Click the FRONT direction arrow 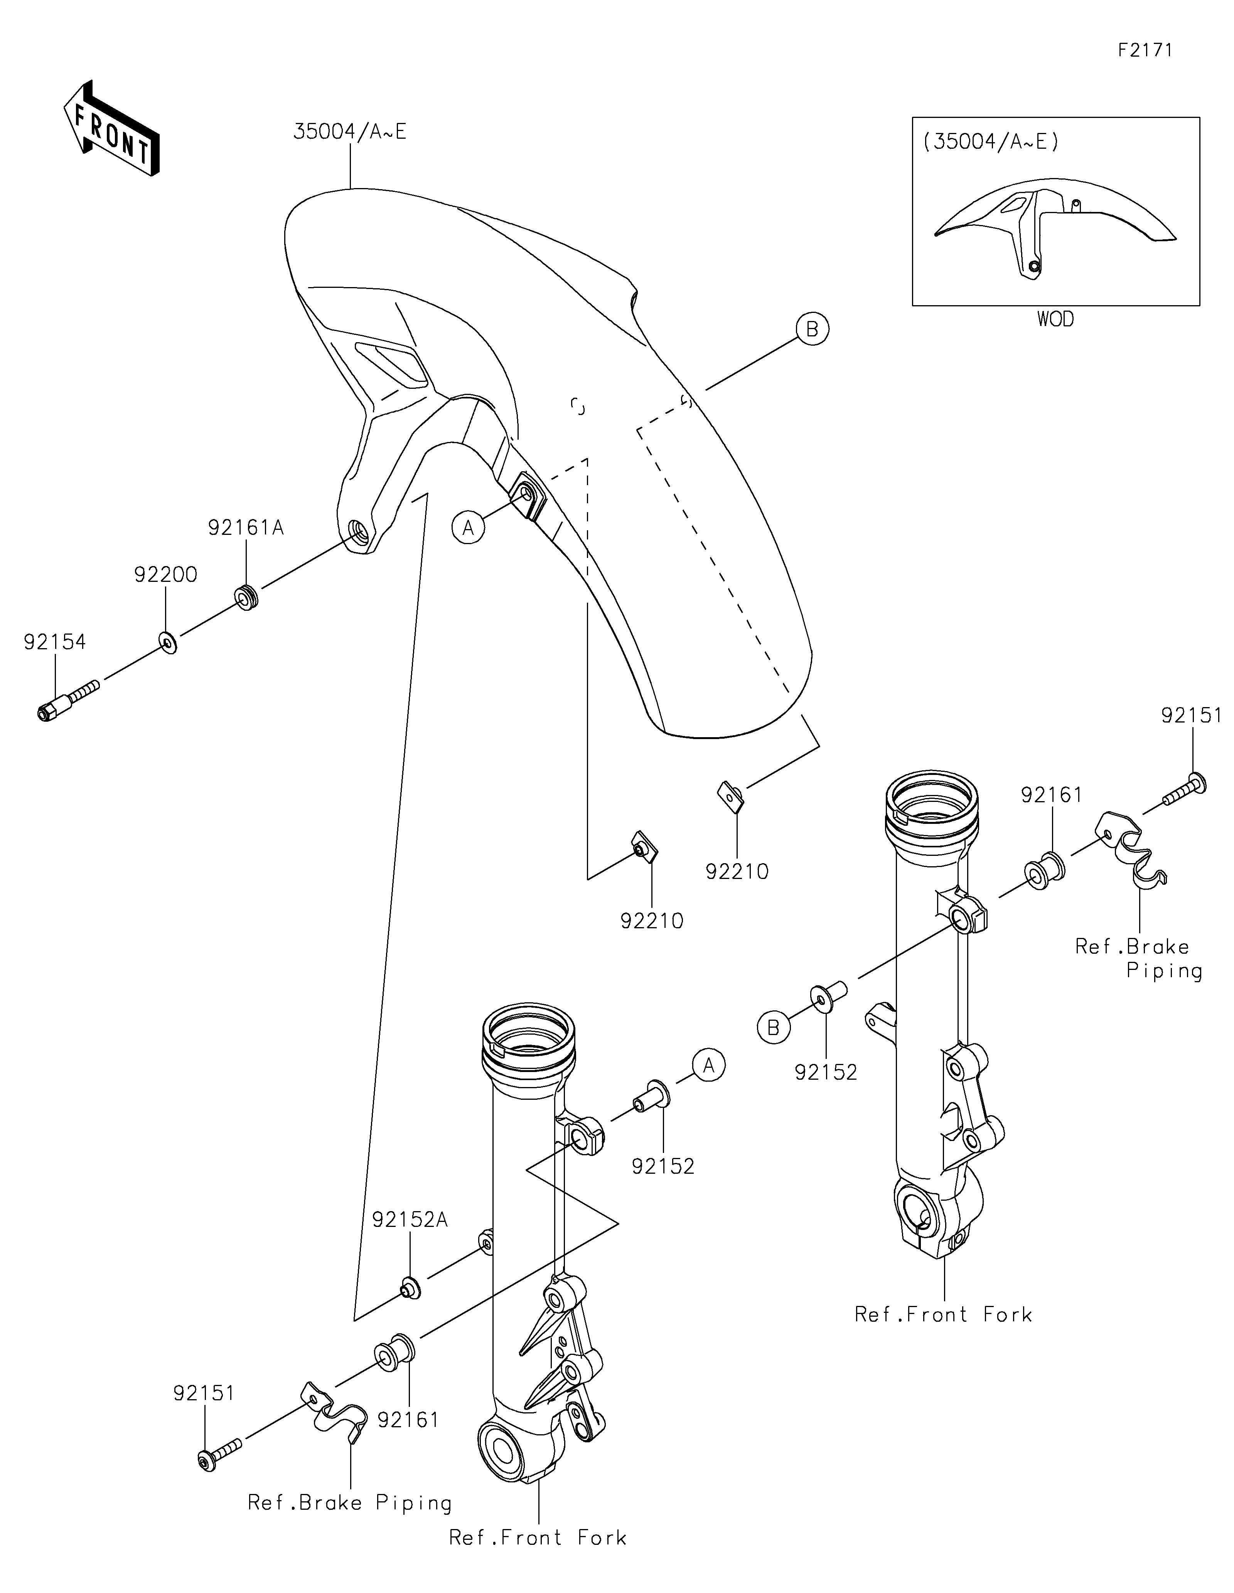[111, 128]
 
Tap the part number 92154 [55, 642]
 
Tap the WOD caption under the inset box [1055, 319]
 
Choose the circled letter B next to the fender [812, 330]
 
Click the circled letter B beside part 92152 [774, 1028]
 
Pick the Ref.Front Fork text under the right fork [944, 1314]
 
